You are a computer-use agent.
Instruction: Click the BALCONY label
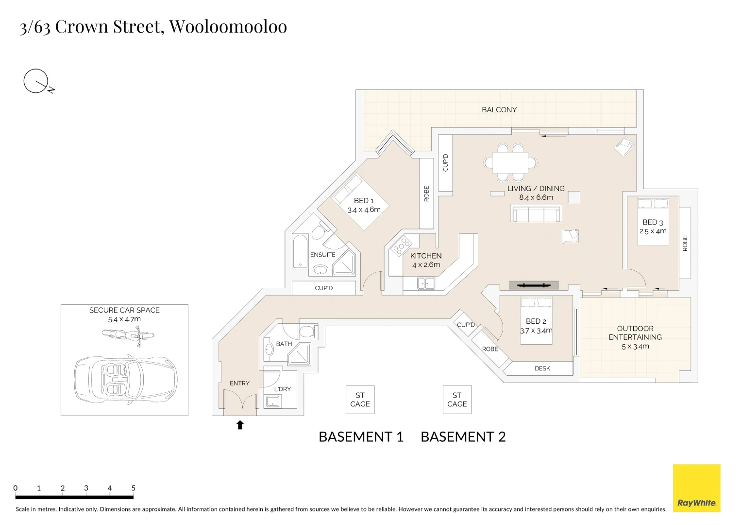(499, 110)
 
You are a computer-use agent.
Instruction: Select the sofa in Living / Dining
(536, 214)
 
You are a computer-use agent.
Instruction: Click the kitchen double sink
(426, 282)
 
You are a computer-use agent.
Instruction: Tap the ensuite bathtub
(300, 252)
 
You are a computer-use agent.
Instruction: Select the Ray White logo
(696, 488)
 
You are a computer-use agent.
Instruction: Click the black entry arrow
(240, 425)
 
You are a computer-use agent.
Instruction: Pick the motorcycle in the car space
(128, 335)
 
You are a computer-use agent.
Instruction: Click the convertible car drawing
(125, 380)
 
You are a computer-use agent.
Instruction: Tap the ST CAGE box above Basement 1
(360, 400)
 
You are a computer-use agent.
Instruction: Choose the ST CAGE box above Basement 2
(457, 400)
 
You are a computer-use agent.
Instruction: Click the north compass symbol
(37, 82)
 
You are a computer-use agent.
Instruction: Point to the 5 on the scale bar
(133, 488)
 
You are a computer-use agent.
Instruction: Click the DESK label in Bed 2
(542, 368)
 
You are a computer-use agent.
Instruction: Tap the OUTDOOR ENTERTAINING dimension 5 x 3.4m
(635, 346)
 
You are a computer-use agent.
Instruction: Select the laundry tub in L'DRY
(272, 401)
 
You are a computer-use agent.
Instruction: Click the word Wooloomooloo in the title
(228, 26)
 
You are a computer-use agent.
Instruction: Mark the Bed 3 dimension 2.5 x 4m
(653, 231)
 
